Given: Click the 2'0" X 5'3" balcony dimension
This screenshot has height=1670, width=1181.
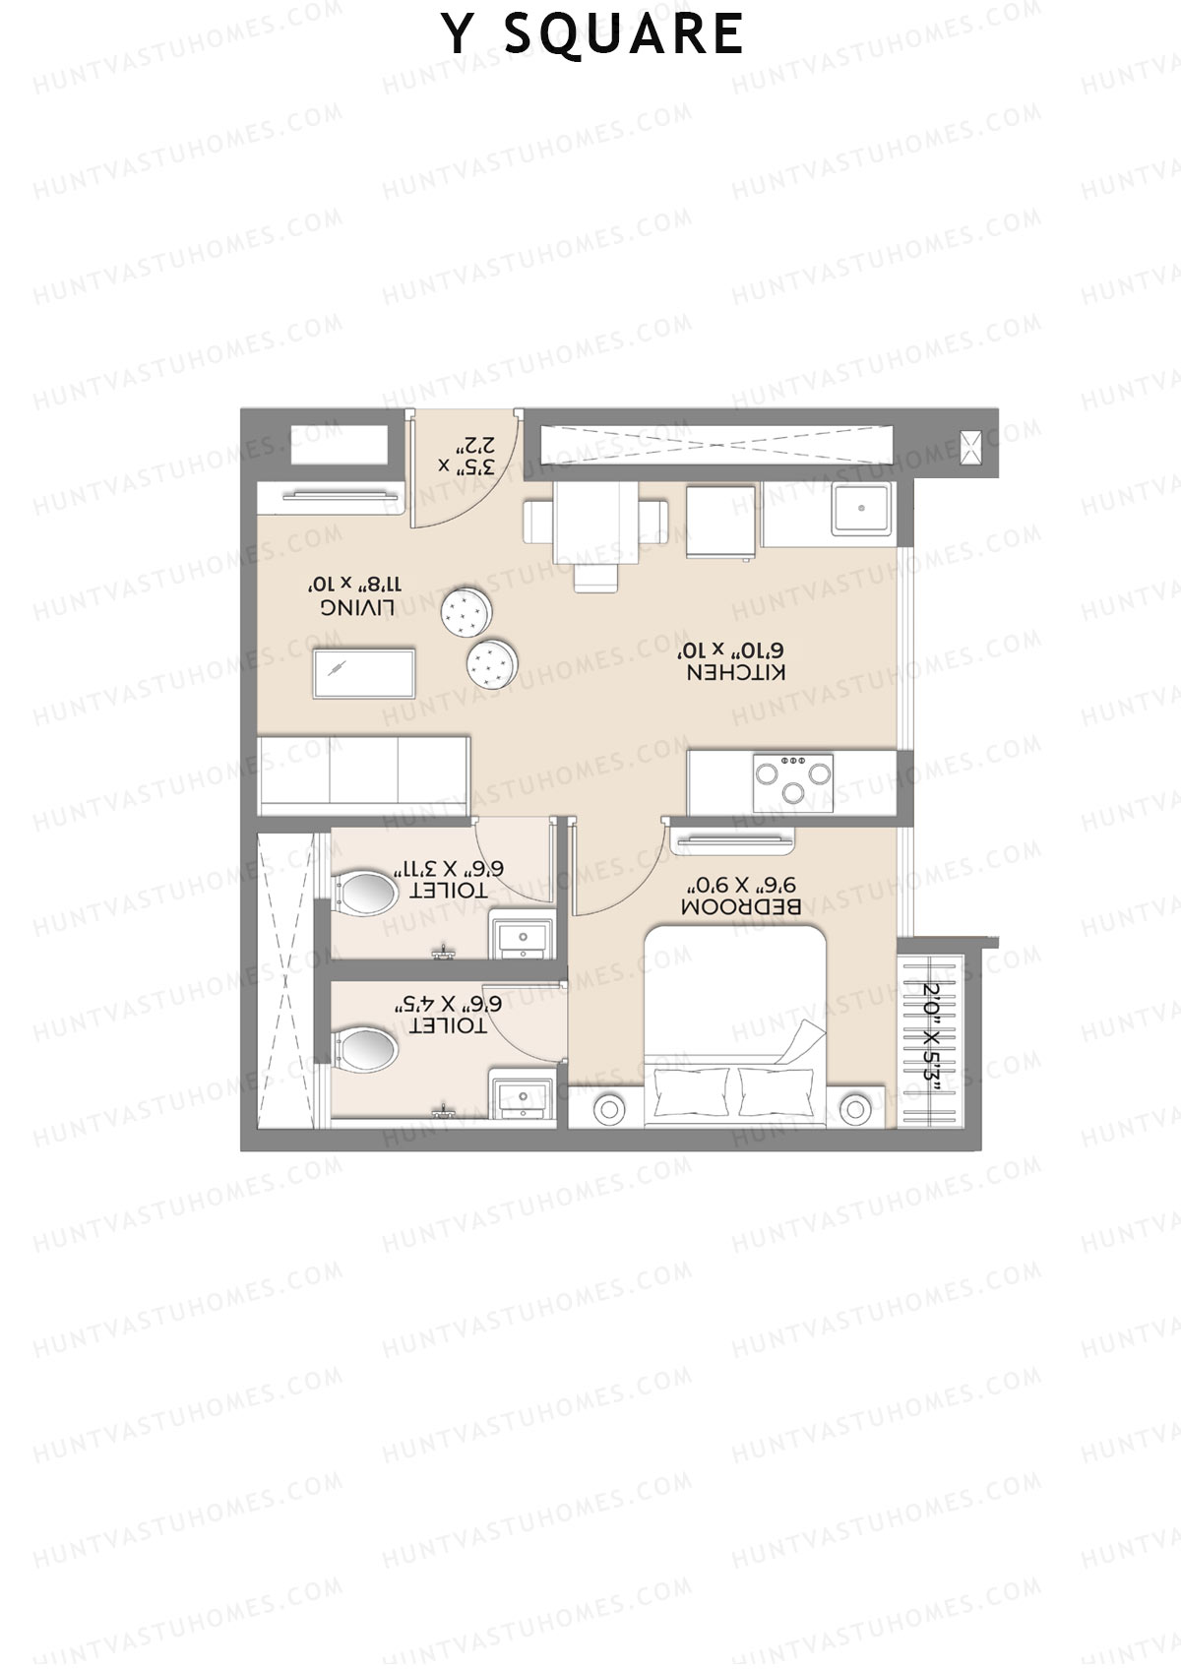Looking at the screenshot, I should pos(940,1033).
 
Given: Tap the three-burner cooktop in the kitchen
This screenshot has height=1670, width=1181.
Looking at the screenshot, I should pos(793,782).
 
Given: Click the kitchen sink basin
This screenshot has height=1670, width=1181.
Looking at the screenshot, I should pos(862,509).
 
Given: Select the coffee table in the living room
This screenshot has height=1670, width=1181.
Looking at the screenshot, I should pos(364,673).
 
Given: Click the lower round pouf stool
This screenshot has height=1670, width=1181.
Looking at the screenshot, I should pos(490,662).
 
